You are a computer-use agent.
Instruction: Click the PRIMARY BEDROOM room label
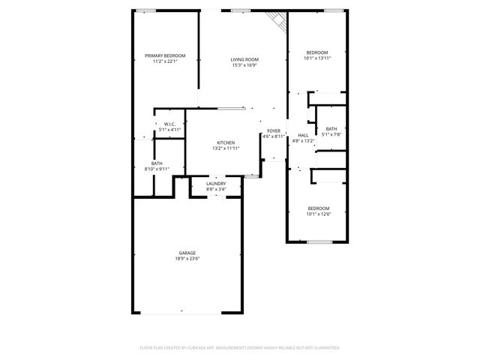165,55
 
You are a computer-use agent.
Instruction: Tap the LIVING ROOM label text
244,59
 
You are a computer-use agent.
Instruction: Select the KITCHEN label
226,142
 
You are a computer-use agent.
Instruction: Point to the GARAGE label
187,253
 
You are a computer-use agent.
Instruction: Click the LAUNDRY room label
216,184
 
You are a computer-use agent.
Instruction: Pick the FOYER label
274,131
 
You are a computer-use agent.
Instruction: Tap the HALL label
303,135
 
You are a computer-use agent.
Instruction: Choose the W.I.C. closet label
169,124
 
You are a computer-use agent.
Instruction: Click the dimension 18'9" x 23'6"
187,259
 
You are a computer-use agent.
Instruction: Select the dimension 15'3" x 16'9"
244,65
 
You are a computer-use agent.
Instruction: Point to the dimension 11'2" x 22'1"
165,61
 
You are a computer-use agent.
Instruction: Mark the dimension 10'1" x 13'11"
317,58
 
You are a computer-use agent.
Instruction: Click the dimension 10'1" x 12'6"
318,214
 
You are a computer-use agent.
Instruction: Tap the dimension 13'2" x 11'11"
226,148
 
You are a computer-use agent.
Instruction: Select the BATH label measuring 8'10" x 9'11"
157,163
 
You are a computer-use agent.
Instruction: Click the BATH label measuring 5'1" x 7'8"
331,128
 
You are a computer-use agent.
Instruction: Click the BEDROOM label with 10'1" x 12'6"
318,208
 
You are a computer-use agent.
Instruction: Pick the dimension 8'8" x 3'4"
216,190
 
